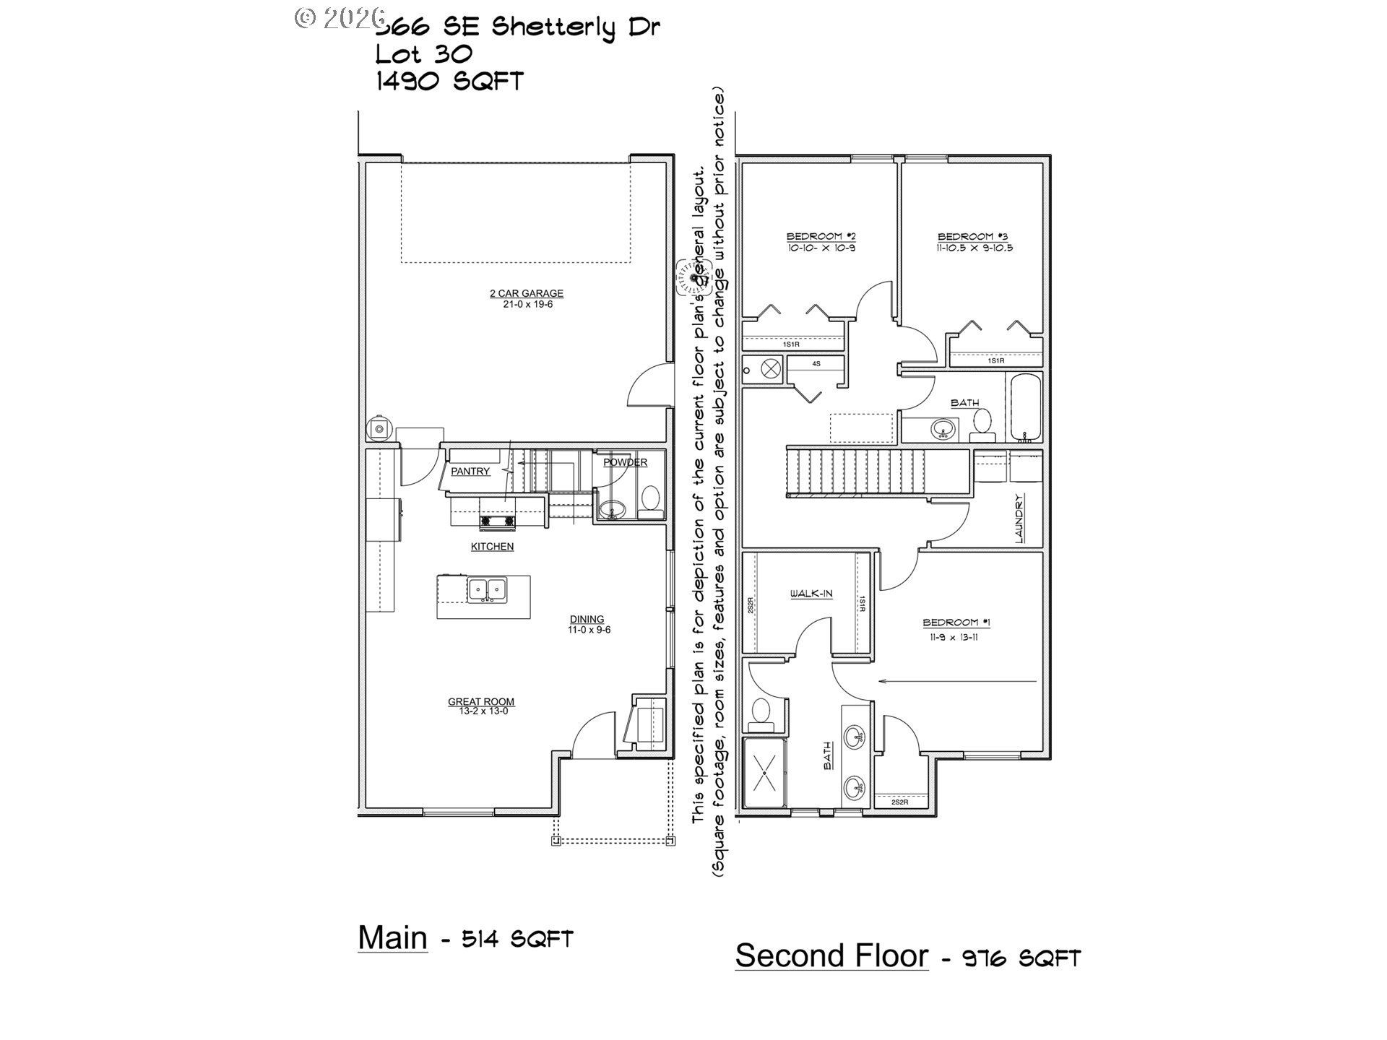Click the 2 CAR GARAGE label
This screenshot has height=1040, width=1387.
[x=526, y=293]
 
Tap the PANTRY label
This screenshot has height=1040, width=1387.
[x=470, y=471]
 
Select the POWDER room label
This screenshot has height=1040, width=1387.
[x=625, y=462]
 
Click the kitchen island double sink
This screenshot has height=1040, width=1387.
[x=487, y=589]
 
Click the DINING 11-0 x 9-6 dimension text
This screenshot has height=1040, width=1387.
[x=589, y=630]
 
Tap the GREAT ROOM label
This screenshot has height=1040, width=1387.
[x=481, y=701]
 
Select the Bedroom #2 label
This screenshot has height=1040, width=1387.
[x=821, y=236]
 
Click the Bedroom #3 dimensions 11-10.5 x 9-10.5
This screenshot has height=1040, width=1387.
[x=975, y=248]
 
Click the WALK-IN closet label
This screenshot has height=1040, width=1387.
[x=811, y=594]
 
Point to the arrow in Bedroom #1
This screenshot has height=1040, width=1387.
[x=956, y=681]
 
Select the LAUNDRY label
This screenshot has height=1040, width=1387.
[x=1019, y=518]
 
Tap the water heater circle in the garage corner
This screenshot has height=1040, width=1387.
[x=379, y=429]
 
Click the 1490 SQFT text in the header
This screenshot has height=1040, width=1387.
[x=449, y=82]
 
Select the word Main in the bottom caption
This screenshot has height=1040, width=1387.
[x=392, y=937]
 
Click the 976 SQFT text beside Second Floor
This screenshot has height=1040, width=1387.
[x=1021, y=958]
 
